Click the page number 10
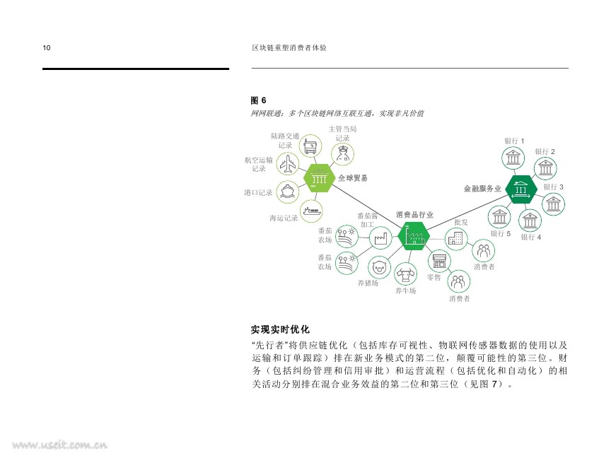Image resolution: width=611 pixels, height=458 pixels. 47,48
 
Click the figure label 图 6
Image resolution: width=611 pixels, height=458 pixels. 258,100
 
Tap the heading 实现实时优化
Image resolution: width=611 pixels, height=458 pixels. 280,329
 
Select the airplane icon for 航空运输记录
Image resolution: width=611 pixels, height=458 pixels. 288,164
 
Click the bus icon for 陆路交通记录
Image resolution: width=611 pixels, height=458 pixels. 310,146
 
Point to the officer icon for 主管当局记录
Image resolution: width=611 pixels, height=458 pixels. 343,154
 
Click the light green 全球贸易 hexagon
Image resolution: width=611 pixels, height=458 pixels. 319,178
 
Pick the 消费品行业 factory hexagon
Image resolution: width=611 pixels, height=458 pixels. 414,236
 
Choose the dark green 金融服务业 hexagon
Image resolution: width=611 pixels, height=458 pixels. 521,189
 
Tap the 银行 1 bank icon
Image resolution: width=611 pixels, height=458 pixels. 513,158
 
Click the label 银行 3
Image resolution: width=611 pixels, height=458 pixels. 553,187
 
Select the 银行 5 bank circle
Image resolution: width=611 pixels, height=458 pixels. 499,217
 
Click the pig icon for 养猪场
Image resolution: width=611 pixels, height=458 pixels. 379,268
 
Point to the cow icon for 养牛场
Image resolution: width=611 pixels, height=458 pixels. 405,274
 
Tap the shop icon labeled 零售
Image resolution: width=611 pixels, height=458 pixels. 440,261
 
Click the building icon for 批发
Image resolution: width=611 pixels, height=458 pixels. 456,238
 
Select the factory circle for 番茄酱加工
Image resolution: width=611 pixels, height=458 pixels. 380,237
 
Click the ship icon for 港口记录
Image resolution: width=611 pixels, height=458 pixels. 288,192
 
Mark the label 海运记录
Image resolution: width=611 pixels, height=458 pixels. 284,218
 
